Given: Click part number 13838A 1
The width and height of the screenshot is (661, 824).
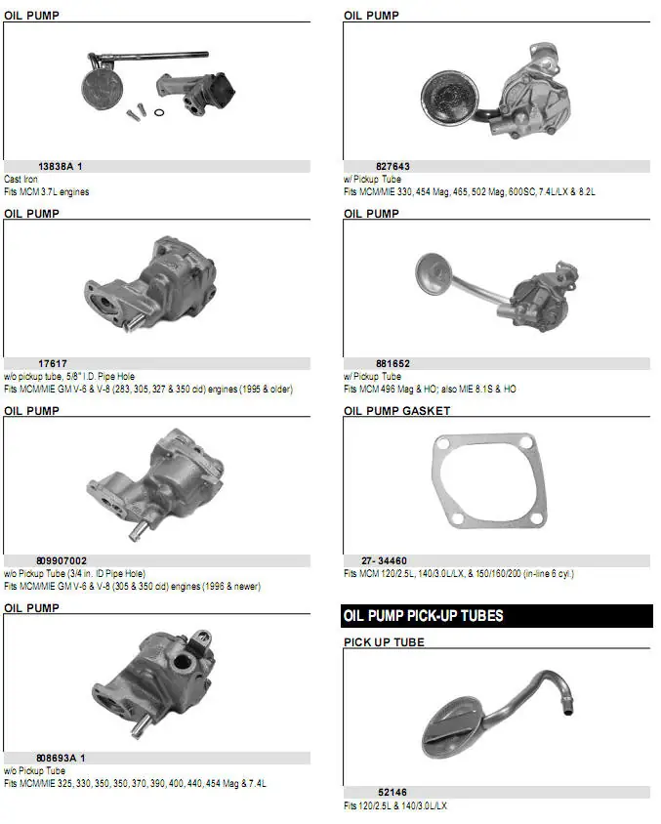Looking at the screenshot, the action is pyautogui.click(x=60, y=167).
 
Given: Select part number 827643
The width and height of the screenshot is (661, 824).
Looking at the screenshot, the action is pyautogui.click(x=392, y=167).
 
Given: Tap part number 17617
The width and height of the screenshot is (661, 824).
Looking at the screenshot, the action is pyautogui.click(x=53, y=363).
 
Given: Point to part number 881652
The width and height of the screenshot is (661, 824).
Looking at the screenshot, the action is pyautogui.click(x=392, y=363).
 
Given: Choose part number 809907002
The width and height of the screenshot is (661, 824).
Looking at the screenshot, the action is pyautogui.click(x=62, y=560).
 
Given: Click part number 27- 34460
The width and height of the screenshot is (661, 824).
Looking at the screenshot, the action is pyautogui.click(x=384, y=560).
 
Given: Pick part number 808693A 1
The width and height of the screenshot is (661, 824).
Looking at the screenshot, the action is pyautogui.click(x=61, y=758).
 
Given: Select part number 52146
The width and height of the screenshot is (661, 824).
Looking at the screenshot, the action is pyautogui.click(x=392, y=792).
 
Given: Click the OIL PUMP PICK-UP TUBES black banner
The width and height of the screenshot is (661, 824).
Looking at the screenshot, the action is pyautogui.click(x=497, y=616).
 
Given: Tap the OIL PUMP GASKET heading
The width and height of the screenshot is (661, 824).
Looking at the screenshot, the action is pyautogui.click(x=397, y=411).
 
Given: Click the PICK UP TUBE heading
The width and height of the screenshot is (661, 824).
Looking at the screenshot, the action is pyautogui.click(x=384, y=642).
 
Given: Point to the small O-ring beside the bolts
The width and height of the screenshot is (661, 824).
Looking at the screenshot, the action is pyautogui.click(x=159, y=112).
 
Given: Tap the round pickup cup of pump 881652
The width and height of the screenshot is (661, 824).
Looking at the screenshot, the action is pyautogui.click(x=434, y=273).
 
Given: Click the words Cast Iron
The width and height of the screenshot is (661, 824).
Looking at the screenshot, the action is pyautogui.click(x=21, y=180).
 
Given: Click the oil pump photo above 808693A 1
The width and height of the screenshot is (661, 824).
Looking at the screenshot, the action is pyautogui.click(x=153, y=683).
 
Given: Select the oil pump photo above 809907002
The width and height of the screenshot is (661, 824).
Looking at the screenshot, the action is pyautogui.click(x=155, y=483).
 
